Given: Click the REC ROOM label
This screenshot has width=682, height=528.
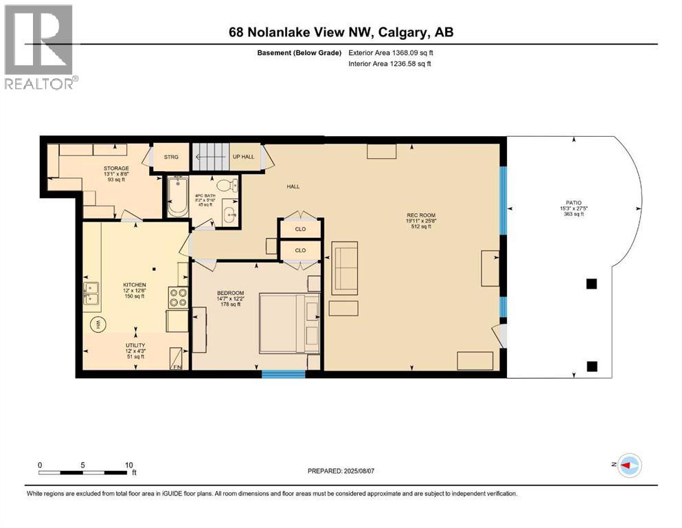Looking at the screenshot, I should coord(421,215).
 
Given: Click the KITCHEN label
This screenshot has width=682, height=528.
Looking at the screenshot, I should coord(134,285).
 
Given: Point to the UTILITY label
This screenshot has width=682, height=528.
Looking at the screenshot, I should coord(134,345).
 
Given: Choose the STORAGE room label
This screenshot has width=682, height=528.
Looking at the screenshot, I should coord(116,167).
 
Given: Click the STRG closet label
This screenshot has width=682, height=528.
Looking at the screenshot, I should coord(171,157).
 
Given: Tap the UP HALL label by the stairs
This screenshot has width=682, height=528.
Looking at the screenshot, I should coord(244,157).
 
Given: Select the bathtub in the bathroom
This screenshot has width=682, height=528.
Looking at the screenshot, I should coord(177,197).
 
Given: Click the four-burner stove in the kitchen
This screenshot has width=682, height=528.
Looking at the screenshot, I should coord(178,297).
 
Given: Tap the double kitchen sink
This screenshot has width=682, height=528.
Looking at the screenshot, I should coord(91,293).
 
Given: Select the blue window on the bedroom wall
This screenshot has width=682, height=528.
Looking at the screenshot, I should coord(283,374).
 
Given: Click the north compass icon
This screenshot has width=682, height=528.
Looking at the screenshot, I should coord(630,465).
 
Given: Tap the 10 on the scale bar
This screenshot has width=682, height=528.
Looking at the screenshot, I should coord(128,465).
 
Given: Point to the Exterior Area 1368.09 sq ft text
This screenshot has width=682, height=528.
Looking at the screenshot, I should coord(391,53).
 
